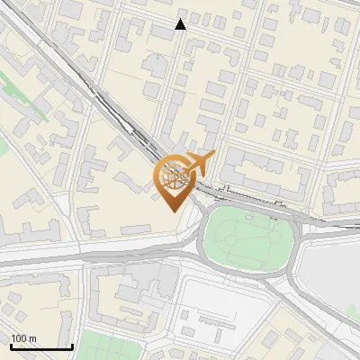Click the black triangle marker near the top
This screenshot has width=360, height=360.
181,24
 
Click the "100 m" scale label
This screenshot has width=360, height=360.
23,338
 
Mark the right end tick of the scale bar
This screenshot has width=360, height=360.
73,346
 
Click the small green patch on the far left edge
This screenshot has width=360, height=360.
3,144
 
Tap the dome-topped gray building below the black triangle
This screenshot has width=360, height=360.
155,65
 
